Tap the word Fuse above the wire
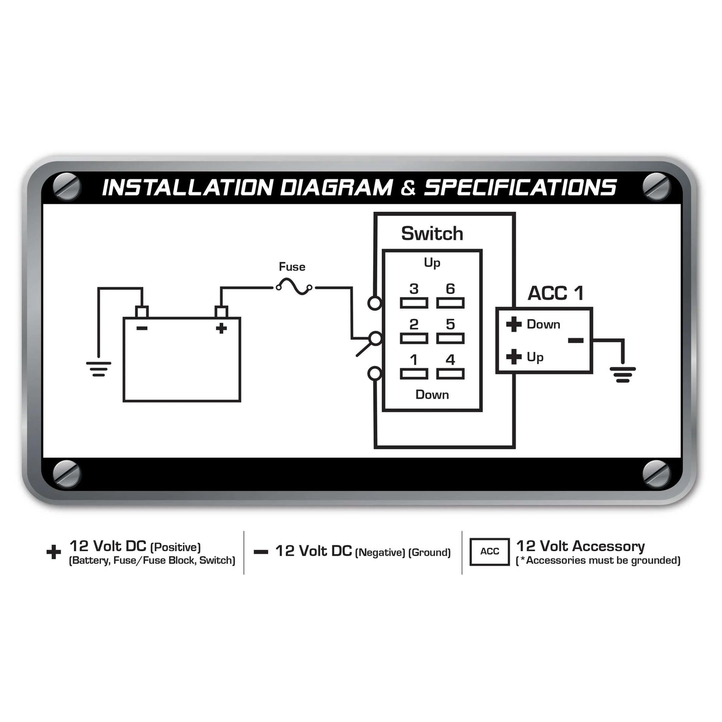pyautogui.click(x=292, y=267)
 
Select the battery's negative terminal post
pyautogui.click(x=141, y=312)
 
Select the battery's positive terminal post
pyautogui.click(x=221, y=312)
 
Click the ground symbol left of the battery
pyautogui.click(x=98, y=369)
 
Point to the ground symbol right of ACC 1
pyautogui.click(x=623, y=375)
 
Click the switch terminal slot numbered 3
pyautogui.click(x=414, y=303)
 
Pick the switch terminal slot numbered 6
pyautogui.click(x=450, y=303)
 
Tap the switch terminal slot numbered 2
pyautogui.click(x=414, y=338)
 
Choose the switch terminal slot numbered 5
pyautogui.click(x=450, y=338)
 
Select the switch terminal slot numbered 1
pyautogui.click(x=414, y=374)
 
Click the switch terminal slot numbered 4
pyautogui.click(x=450, y=374)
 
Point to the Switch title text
pyautogui.click(x=432, y=233)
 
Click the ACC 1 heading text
pyautogui.click(x=556, y=293)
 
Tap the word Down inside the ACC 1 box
pyautogui.click(x=543, y=324)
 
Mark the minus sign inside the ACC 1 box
pyautogui.click(x=576, y=340)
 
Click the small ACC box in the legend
pyautogui.click(x=490, y=552)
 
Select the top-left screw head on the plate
pyautogui.click(x=66, y=186)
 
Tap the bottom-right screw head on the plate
pyautogui.click(x=656, y=474)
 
